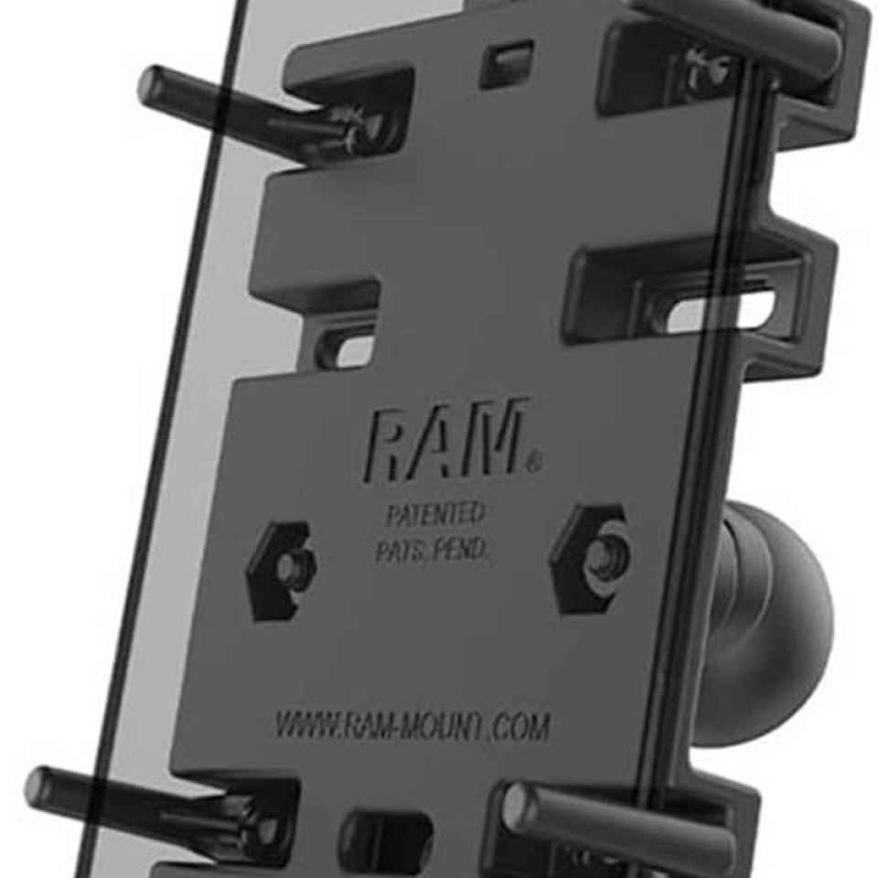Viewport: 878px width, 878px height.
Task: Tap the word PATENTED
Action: tap(435, 513)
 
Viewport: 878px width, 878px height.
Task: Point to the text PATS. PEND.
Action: tap(432, 550)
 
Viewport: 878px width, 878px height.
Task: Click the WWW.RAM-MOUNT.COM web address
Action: tap(412, 725)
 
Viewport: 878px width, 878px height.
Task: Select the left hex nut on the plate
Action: tap(282, 571)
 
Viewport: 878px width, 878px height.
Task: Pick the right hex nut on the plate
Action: tap(591, 559)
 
